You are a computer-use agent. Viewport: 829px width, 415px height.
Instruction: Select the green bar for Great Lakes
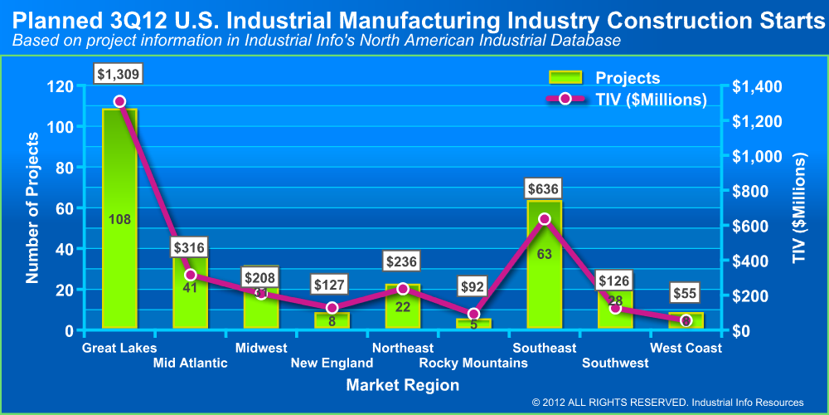click(x=119, y=249)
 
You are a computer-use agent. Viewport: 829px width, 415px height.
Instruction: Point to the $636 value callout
click(x=544, y=188)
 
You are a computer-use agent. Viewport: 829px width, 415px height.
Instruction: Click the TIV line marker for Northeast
click(x=402, y=289)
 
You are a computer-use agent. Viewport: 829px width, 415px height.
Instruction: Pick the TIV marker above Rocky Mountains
click(x=473, y=315)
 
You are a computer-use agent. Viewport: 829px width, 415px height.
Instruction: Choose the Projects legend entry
click(x=605, y=78)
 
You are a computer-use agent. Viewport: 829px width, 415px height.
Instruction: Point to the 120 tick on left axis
click(x=61, y=86)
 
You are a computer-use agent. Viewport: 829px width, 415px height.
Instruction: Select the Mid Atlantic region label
click(x=190, y=363)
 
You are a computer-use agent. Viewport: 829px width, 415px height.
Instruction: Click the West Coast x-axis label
click(x=686, y=348)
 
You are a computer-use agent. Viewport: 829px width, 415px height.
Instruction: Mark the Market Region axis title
click(x=403, y=385)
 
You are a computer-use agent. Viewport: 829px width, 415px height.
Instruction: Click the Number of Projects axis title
click(x=33, y=207)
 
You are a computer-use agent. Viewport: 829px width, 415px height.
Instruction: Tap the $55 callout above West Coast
click(x=686, y=293)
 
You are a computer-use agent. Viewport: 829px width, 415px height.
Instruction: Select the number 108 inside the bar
click(x=119, y=220)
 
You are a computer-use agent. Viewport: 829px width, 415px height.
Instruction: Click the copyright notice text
click(x=668, y=402)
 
